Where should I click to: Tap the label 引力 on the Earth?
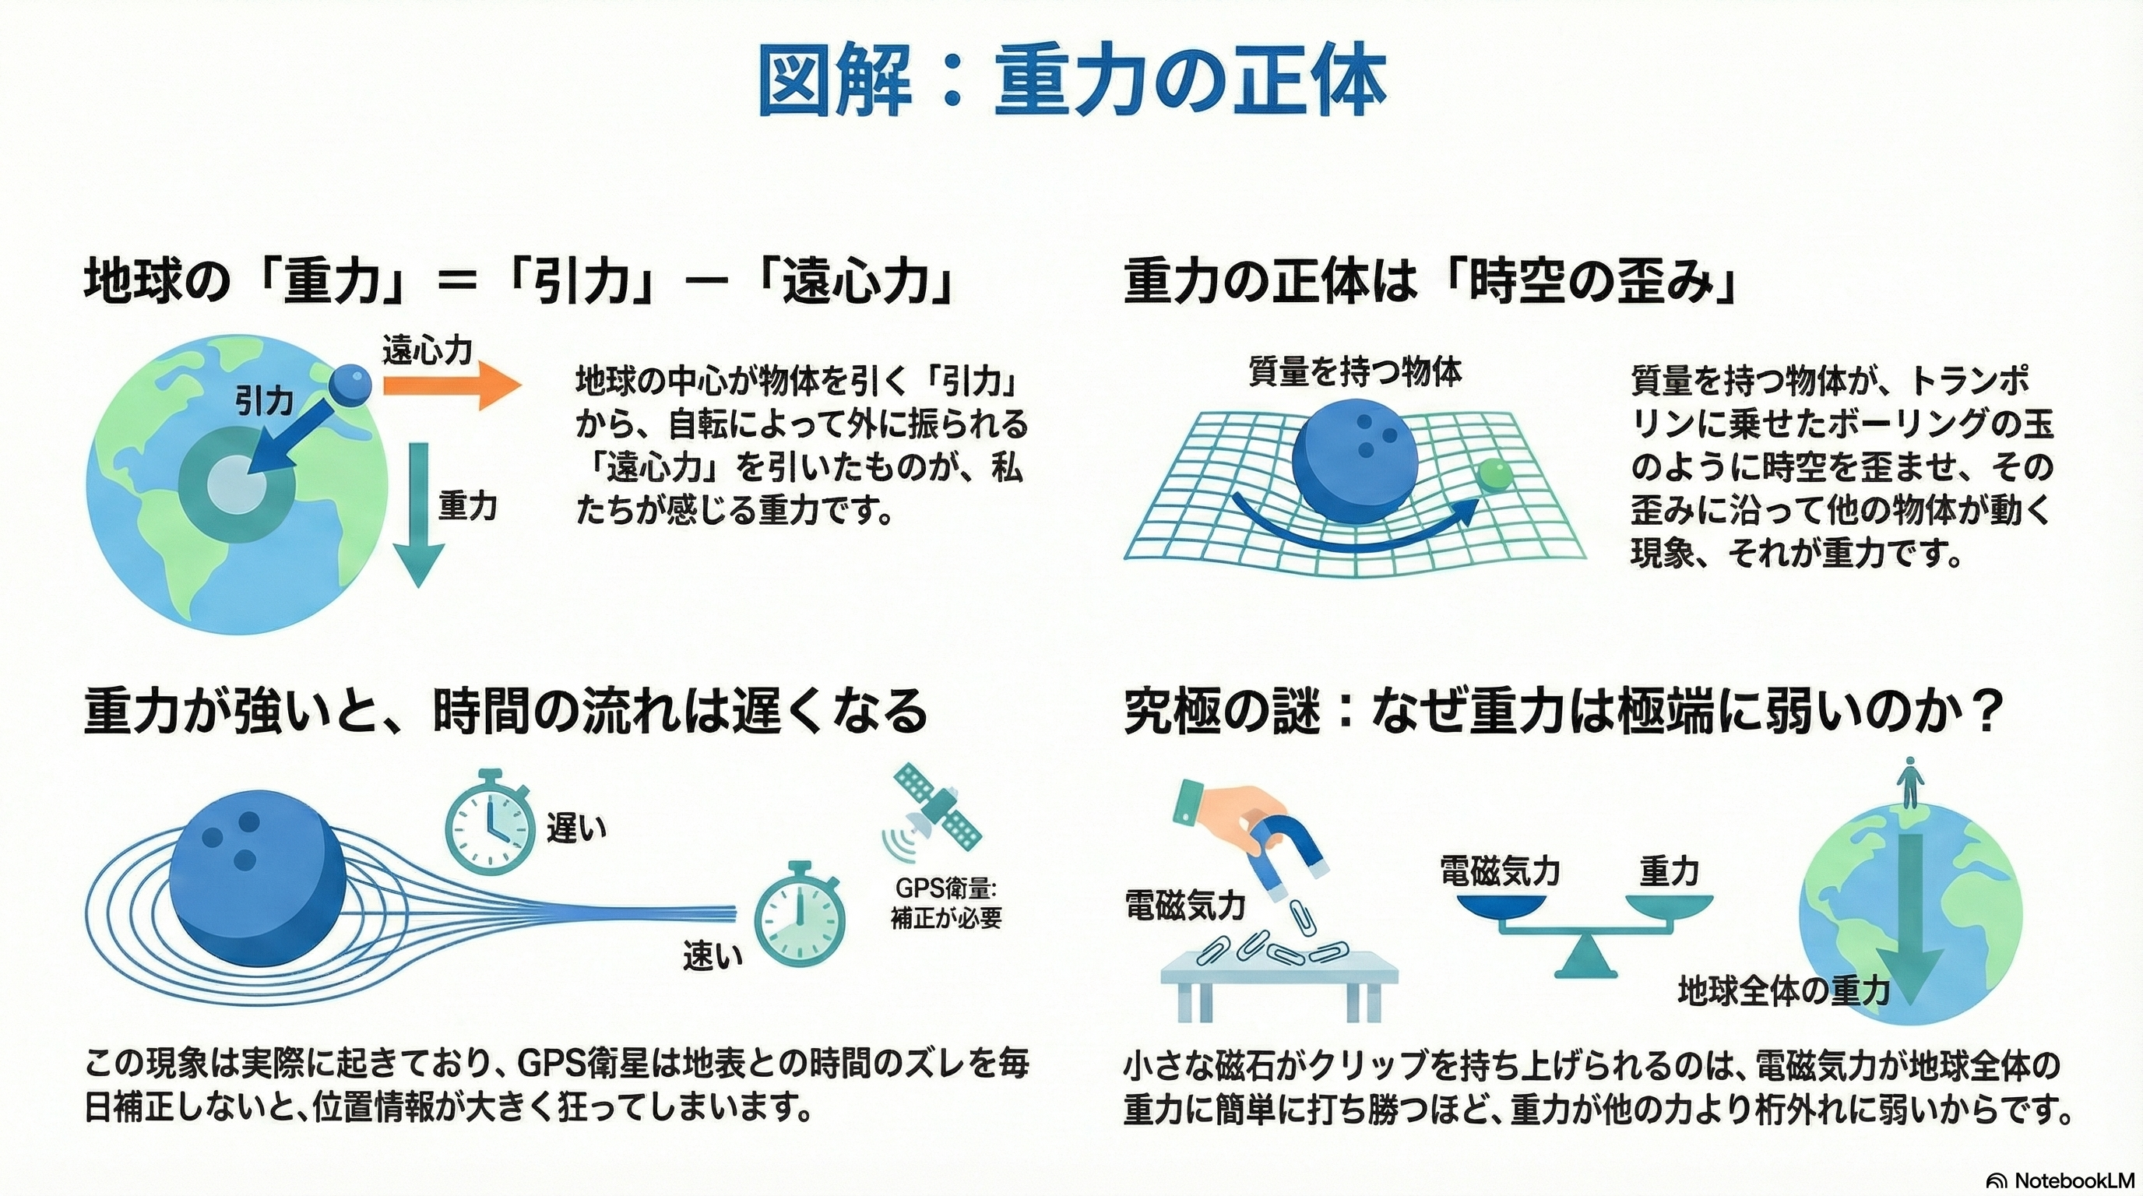click(x=264, y=402)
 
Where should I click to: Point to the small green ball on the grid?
click(x=1496, y=475)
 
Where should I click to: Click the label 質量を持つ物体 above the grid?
click(x=1354, y=371)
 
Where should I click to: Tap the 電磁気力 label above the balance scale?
click(x=1500, y=871)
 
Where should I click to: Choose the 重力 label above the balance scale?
click(x=1669, y=871)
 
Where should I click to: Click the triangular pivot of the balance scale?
click(x=1586, y=962)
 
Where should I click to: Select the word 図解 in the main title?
click(x=835, y=85)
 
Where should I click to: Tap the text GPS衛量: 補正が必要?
click(x=946, y=902)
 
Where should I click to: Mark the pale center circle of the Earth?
click(x=236, y=485)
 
